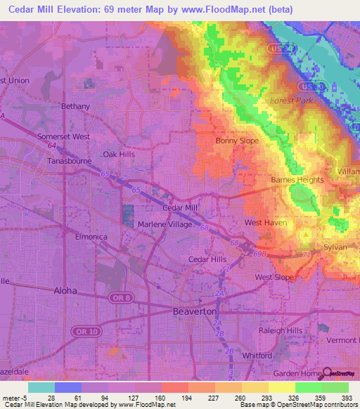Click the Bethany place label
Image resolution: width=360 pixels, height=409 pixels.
click(75, 106)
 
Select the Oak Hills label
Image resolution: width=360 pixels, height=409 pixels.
click(118, 154)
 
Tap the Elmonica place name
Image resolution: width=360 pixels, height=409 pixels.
click(91, 237)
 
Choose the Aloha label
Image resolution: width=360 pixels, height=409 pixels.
click(65, 290)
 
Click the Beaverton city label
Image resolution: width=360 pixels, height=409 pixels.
click(195, 311)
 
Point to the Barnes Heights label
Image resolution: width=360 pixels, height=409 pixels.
click(297, 180)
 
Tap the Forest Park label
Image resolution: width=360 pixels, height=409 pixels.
click(292, 100)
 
